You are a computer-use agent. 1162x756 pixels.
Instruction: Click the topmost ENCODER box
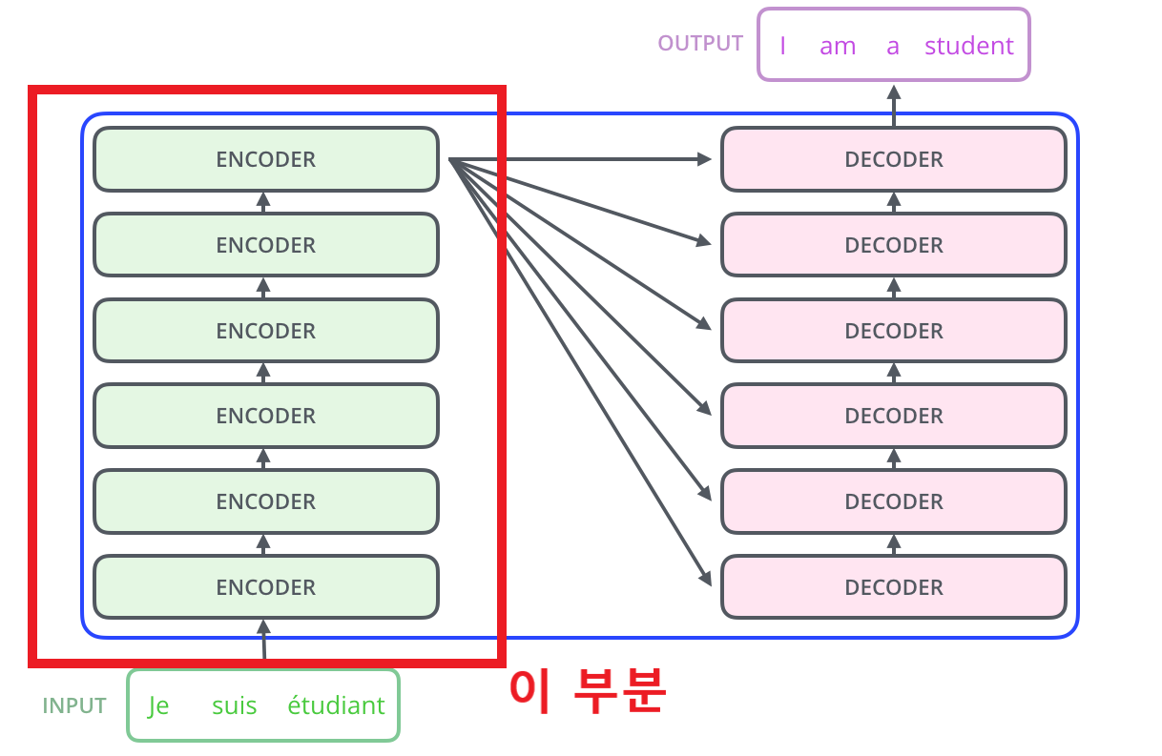click(265, 159)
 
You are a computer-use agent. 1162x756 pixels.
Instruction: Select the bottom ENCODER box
click(265, 587)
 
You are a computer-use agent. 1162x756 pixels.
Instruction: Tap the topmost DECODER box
click(893, 159)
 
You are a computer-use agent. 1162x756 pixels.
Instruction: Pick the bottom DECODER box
click(893, 587)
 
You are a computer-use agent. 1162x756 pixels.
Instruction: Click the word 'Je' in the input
click(158, 706)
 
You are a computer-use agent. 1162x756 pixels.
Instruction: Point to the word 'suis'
click(234, 706)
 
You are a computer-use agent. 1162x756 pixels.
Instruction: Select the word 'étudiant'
click(336, 706)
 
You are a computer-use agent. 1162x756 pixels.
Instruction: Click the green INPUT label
click(74, 706)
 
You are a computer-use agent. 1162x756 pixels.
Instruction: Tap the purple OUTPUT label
click(700, 44)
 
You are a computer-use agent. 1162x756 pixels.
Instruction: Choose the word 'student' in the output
click(968, 46)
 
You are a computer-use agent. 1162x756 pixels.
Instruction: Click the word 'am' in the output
click(837, 46)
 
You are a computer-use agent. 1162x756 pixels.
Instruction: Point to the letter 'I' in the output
click(782, 46)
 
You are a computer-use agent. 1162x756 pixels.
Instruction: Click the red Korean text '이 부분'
click(586, 690)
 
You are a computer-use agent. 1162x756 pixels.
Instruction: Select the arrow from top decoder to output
click(894, 105)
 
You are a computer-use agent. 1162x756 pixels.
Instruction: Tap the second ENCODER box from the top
click(265, 245)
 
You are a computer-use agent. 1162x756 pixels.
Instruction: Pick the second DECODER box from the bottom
click(893, 501)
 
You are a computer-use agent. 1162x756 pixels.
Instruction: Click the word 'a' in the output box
click(892, 46)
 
